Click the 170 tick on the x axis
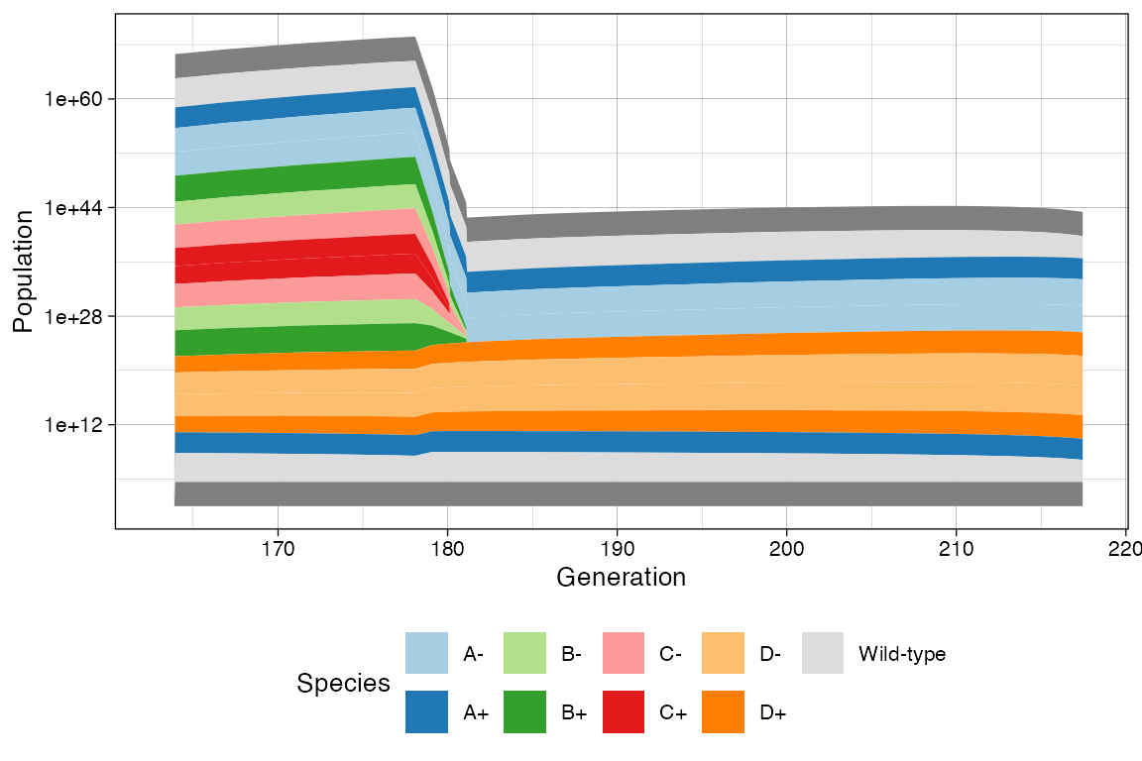[278, 546]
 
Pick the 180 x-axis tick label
[447, 546]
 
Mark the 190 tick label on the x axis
[618, 546]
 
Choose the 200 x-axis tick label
[787, 546]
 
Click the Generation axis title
[622, 577]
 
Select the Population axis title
[24, 271]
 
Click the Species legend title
[343, 684]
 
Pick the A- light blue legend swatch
[426, 654]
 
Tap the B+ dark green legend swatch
[524, 712]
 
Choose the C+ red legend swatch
[624, 712]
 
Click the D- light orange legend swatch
[723, 654]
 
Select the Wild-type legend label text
[902, 654]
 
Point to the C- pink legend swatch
[624, 654]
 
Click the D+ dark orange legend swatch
[723, 712]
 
